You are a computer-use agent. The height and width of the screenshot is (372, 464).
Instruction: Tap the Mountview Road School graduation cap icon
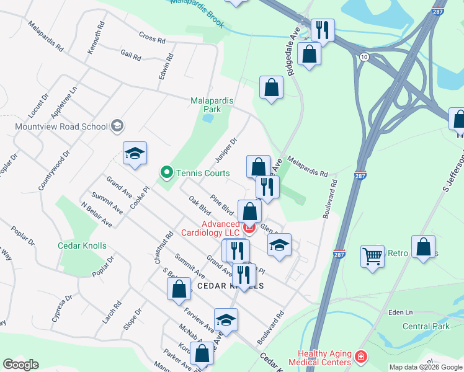[x=117, y=126]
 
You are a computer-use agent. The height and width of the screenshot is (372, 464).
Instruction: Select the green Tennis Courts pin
[x=166, y=172]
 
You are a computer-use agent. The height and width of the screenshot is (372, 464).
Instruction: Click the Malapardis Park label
[x=206, y=104]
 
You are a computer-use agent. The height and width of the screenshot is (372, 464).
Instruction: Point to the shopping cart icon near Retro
[x=372, y=255]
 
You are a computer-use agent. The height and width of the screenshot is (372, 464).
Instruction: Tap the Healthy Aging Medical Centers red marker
[x=360, y=358]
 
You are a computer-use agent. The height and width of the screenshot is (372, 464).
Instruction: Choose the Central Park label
[x=426, y=326]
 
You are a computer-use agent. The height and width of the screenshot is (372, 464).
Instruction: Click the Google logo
[x=20, y=365]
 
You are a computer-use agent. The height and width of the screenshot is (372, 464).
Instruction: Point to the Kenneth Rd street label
[x=97, y=41]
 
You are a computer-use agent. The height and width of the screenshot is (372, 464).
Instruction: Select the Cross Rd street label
[x=153, y=38]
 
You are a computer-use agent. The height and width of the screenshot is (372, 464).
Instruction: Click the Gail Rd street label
[x=131, y=55]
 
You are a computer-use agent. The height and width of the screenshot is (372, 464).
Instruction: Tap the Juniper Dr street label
[x=226, y=148]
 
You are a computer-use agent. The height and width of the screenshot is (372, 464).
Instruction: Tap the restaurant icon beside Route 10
[x=323, y=30]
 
